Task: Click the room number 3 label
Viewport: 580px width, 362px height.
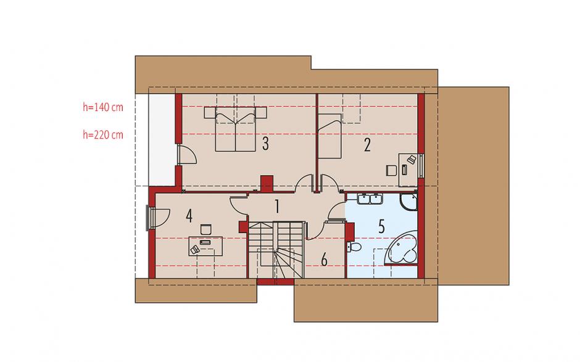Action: point(265,144)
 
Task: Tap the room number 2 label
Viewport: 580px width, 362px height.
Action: point(367,145)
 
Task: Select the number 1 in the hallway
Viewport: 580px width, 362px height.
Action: point(276,207)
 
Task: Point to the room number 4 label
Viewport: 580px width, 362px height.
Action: point(189,216)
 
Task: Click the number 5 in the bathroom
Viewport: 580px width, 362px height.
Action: point(381,226)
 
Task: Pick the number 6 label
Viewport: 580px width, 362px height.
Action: point(324,260)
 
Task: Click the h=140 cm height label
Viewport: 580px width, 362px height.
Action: point(103,107)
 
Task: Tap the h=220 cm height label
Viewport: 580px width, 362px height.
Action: point(103,134)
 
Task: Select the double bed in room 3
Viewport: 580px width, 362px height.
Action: point(236,129)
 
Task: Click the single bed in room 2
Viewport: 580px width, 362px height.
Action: point(329,136)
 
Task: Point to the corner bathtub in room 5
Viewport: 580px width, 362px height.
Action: point(402,248)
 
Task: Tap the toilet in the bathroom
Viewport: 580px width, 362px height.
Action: point(354,247)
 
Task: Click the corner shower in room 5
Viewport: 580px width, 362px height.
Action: point(408,202)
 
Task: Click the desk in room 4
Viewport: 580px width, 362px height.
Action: point(205,246)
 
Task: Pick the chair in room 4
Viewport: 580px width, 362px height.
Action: point(205,229)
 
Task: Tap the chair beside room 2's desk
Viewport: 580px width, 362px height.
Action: point(391,170)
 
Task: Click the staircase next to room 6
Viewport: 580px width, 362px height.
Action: point(276,250)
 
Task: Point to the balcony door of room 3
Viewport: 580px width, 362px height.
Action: point(186,154)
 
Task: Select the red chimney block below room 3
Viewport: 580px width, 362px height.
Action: point(267,183)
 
